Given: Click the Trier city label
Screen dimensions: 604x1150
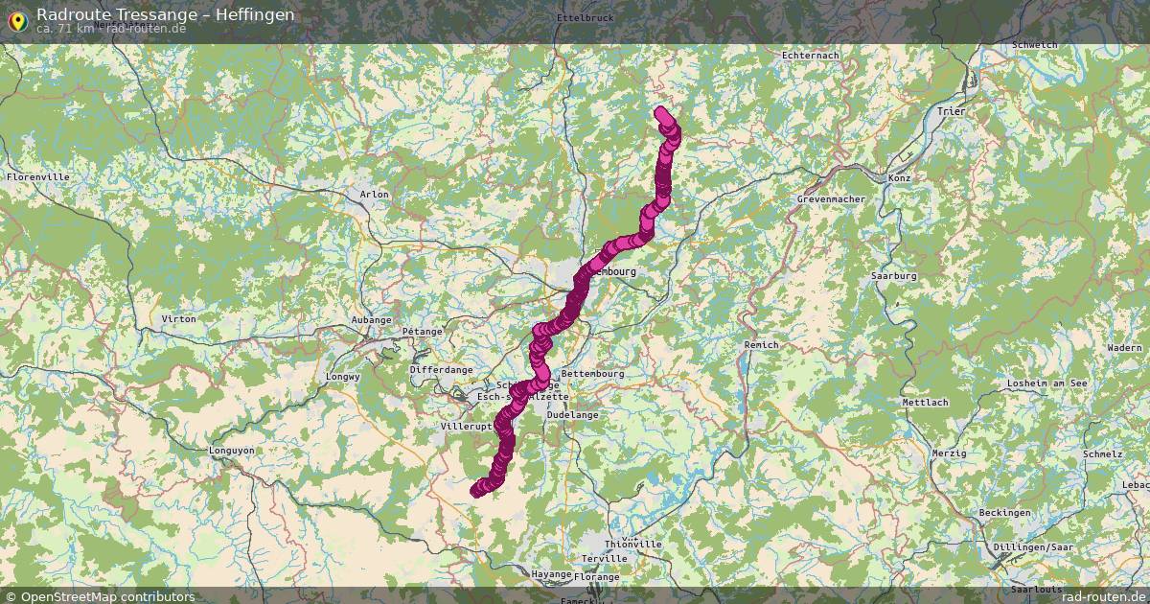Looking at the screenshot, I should [x=952, y=111].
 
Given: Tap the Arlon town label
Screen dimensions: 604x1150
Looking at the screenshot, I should [x=375, y=195].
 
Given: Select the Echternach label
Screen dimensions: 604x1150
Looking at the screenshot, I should [x=811, y=56].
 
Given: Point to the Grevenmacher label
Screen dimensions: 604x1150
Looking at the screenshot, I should [x=831, y=199].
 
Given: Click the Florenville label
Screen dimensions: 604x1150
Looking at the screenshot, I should [x=38, y=177].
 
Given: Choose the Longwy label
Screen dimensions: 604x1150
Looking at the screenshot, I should [x=343, y=377].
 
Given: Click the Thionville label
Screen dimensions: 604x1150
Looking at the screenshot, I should [x=633, y=545].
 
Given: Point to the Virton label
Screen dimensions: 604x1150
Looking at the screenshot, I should [x=179, y=318].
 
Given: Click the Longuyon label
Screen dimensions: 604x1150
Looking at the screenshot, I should [x=232, y=450].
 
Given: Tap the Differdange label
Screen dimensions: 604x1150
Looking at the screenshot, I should [x=441, y=369].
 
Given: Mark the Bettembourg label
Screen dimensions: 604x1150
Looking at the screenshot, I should [x=592, y=374].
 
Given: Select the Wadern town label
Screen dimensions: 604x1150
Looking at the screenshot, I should [x=1123, y=347].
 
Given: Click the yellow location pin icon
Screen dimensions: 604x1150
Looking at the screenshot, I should [x=17, y=19].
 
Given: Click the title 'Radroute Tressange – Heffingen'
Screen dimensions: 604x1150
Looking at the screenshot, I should [x=165, y=14].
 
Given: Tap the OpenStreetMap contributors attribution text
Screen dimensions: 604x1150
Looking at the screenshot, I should [x=107, y=596].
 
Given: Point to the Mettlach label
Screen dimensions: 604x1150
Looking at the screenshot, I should [x=925, y=403].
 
